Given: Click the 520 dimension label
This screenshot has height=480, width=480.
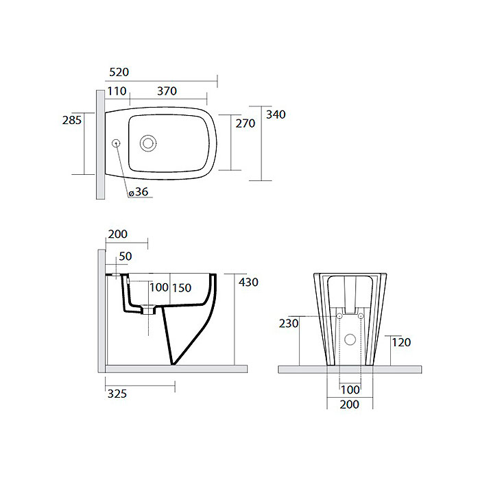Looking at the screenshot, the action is click(119, 72).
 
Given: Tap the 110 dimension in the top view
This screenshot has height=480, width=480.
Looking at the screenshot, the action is click(117, 91).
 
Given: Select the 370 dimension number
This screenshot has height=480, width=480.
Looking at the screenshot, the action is click(167, 91).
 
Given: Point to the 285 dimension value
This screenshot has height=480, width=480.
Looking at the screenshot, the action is click(72, 120).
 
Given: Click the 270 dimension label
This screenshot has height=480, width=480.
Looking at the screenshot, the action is click(245, 123).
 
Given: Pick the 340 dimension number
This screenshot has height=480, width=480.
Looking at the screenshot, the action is click(276, 115).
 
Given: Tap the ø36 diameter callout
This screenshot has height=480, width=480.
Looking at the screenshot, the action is click(139, 192).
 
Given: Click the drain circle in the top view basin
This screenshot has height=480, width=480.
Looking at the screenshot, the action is click(148, 143).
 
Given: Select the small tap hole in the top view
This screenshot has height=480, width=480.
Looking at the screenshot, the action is click(117, 143).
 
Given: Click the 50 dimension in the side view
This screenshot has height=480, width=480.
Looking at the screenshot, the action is click(125, 256).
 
